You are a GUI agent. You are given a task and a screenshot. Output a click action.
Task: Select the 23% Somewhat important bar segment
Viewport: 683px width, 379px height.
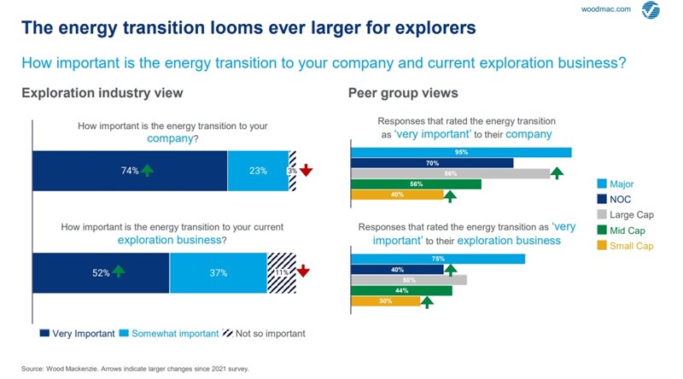click(x=258, y=171)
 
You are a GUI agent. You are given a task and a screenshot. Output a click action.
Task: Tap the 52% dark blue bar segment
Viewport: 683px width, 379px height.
click(x=101, y=272)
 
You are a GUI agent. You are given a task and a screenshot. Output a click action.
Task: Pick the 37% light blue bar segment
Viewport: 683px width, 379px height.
click(x=219, y=272)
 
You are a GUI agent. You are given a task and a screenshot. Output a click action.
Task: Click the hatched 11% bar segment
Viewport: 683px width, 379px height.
click(x=282, y=272)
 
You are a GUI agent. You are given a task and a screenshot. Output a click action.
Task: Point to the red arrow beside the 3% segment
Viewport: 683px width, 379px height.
click(x=306, y=171)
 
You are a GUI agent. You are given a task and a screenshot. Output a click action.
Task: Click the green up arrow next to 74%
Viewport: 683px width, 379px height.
click(x=148, y=171)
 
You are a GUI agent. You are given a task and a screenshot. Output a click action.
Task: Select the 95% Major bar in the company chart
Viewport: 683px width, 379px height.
click(x=461, y=153)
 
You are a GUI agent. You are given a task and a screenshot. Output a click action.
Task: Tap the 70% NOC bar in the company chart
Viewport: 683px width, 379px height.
click(x=432, y=163)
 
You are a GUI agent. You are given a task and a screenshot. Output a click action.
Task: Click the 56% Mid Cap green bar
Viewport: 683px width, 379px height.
click(x=417, y=184)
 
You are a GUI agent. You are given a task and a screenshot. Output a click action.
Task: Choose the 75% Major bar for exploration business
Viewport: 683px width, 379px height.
click(x=438, y=259)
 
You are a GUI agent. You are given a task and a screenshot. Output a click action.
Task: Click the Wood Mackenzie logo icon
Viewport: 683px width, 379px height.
click(x=651, y=12)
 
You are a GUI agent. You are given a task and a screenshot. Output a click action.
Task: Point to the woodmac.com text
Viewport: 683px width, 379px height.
click(x=608, y=9)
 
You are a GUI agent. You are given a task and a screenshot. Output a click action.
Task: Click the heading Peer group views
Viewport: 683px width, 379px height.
click(x=402, y=93)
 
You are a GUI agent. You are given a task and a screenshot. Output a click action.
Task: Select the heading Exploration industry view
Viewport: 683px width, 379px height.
click(x=102, y=93)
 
